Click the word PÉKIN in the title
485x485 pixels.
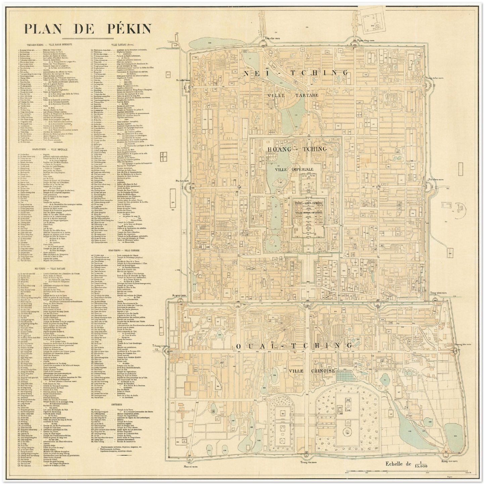coord(126,29)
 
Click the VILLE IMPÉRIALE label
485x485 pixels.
coord(294,169)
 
